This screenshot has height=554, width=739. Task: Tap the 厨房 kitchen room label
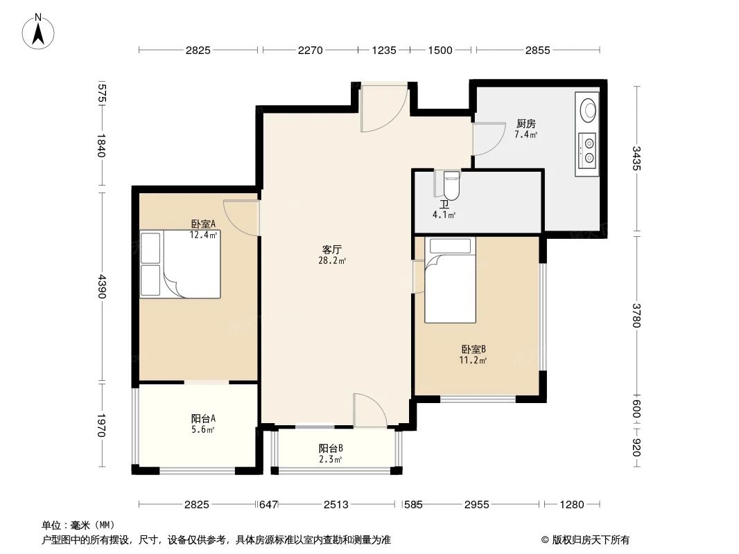coord(525,124)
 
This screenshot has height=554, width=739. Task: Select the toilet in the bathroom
coord(451,185)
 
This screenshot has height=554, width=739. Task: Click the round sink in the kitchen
coord(589,109)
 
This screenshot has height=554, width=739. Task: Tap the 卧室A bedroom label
coord(204,224)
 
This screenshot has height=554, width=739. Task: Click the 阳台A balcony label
coord(203,418)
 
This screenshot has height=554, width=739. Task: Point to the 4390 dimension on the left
coord(102,287)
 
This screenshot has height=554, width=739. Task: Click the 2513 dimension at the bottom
coord(336,505)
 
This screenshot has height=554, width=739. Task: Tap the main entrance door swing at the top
coord(383,109)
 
